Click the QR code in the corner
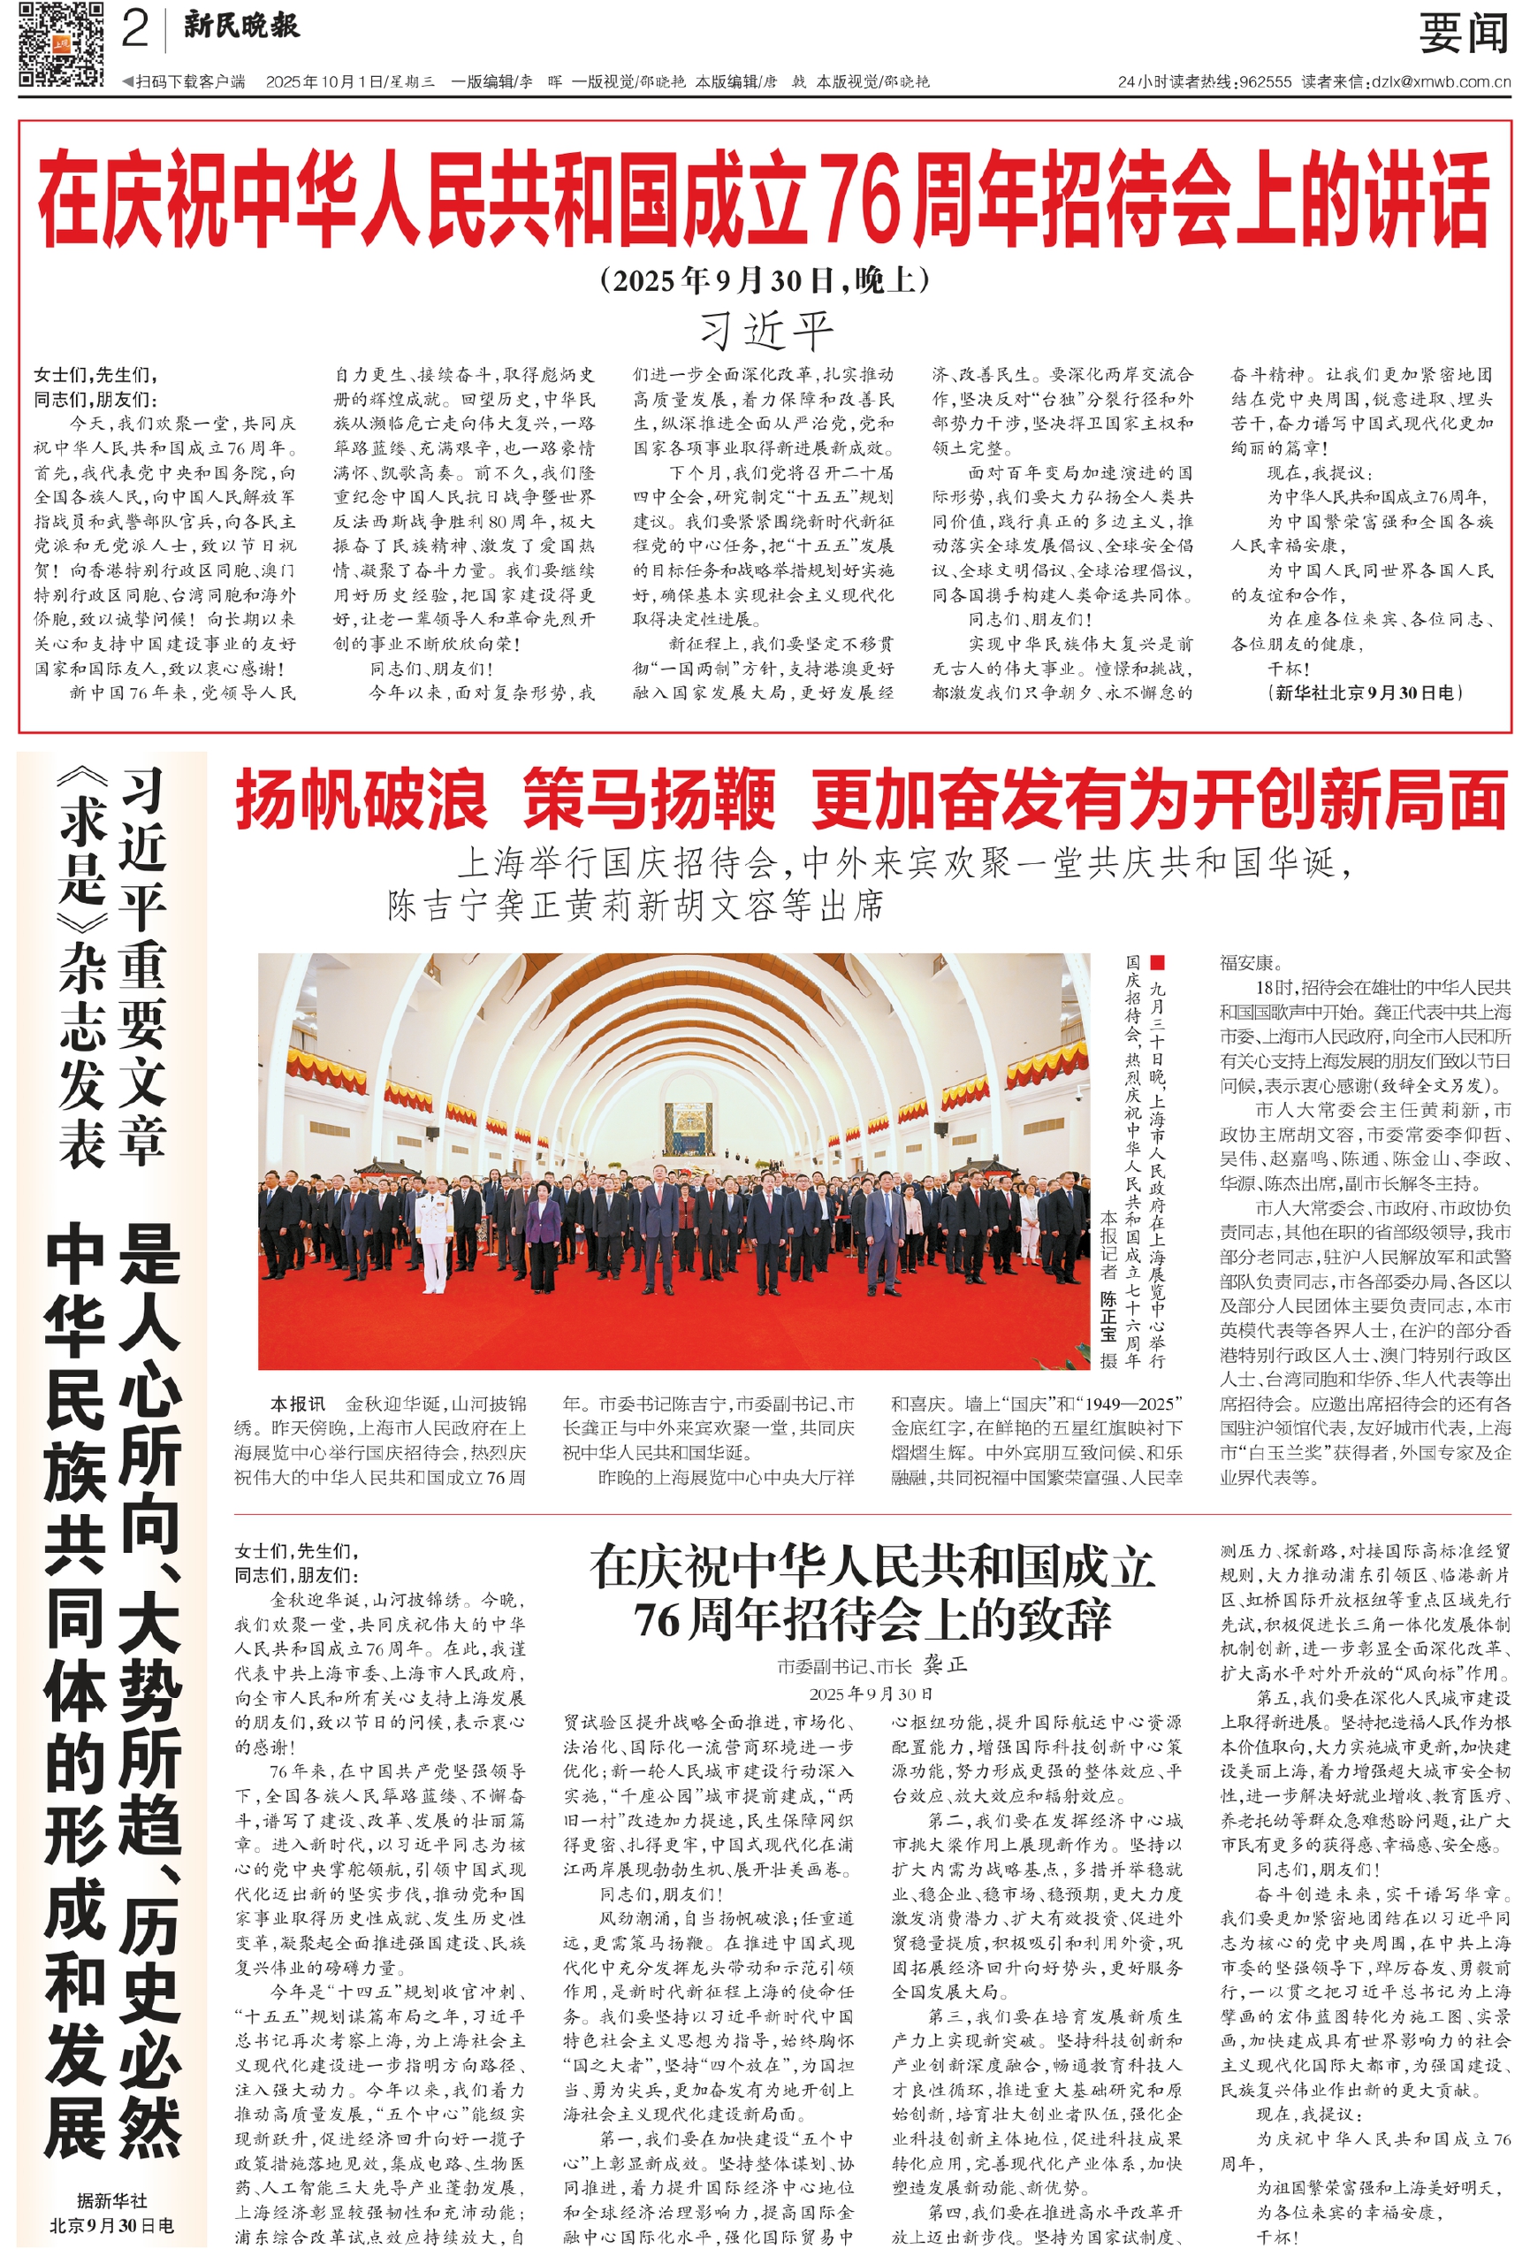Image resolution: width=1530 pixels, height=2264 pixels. pos(60,44)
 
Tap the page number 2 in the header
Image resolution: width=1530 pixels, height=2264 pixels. pos(135,29)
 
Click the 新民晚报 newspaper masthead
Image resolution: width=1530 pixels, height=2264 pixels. pos(241,26)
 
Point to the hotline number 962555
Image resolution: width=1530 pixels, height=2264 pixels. pos(1265,83)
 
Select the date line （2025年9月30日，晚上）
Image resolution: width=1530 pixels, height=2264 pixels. pos(765,280)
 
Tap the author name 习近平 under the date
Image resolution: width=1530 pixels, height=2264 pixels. pos(765,329)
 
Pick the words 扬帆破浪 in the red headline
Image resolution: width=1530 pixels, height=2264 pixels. pos(361,800)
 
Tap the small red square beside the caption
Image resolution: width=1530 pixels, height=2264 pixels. pos(1157,962)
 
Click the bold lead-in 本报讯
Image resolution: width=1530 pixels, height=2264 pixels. pos(297,1404)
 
